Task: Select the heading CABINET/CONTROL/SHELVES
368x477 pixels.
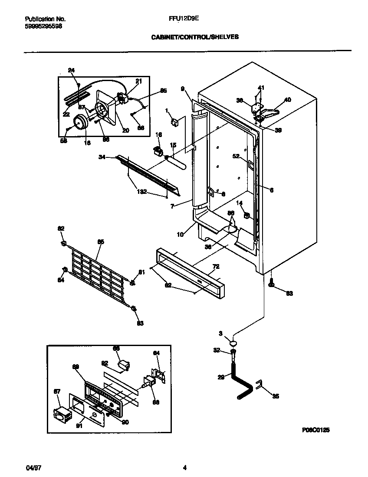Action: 195,37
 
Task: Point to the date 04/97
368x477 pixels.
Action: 32,468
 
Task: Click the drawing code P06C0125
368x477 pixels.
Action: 315,430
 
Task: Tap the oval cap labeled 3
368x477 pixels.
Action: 233,341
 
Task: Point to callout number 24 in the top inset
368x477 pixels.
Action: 72,70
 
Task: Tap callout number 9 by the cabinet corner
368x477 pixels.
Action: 183,88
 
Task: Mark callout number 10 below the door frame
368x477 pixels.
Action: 180,235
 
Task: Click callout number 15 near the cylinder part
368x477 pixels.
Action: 173,145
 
